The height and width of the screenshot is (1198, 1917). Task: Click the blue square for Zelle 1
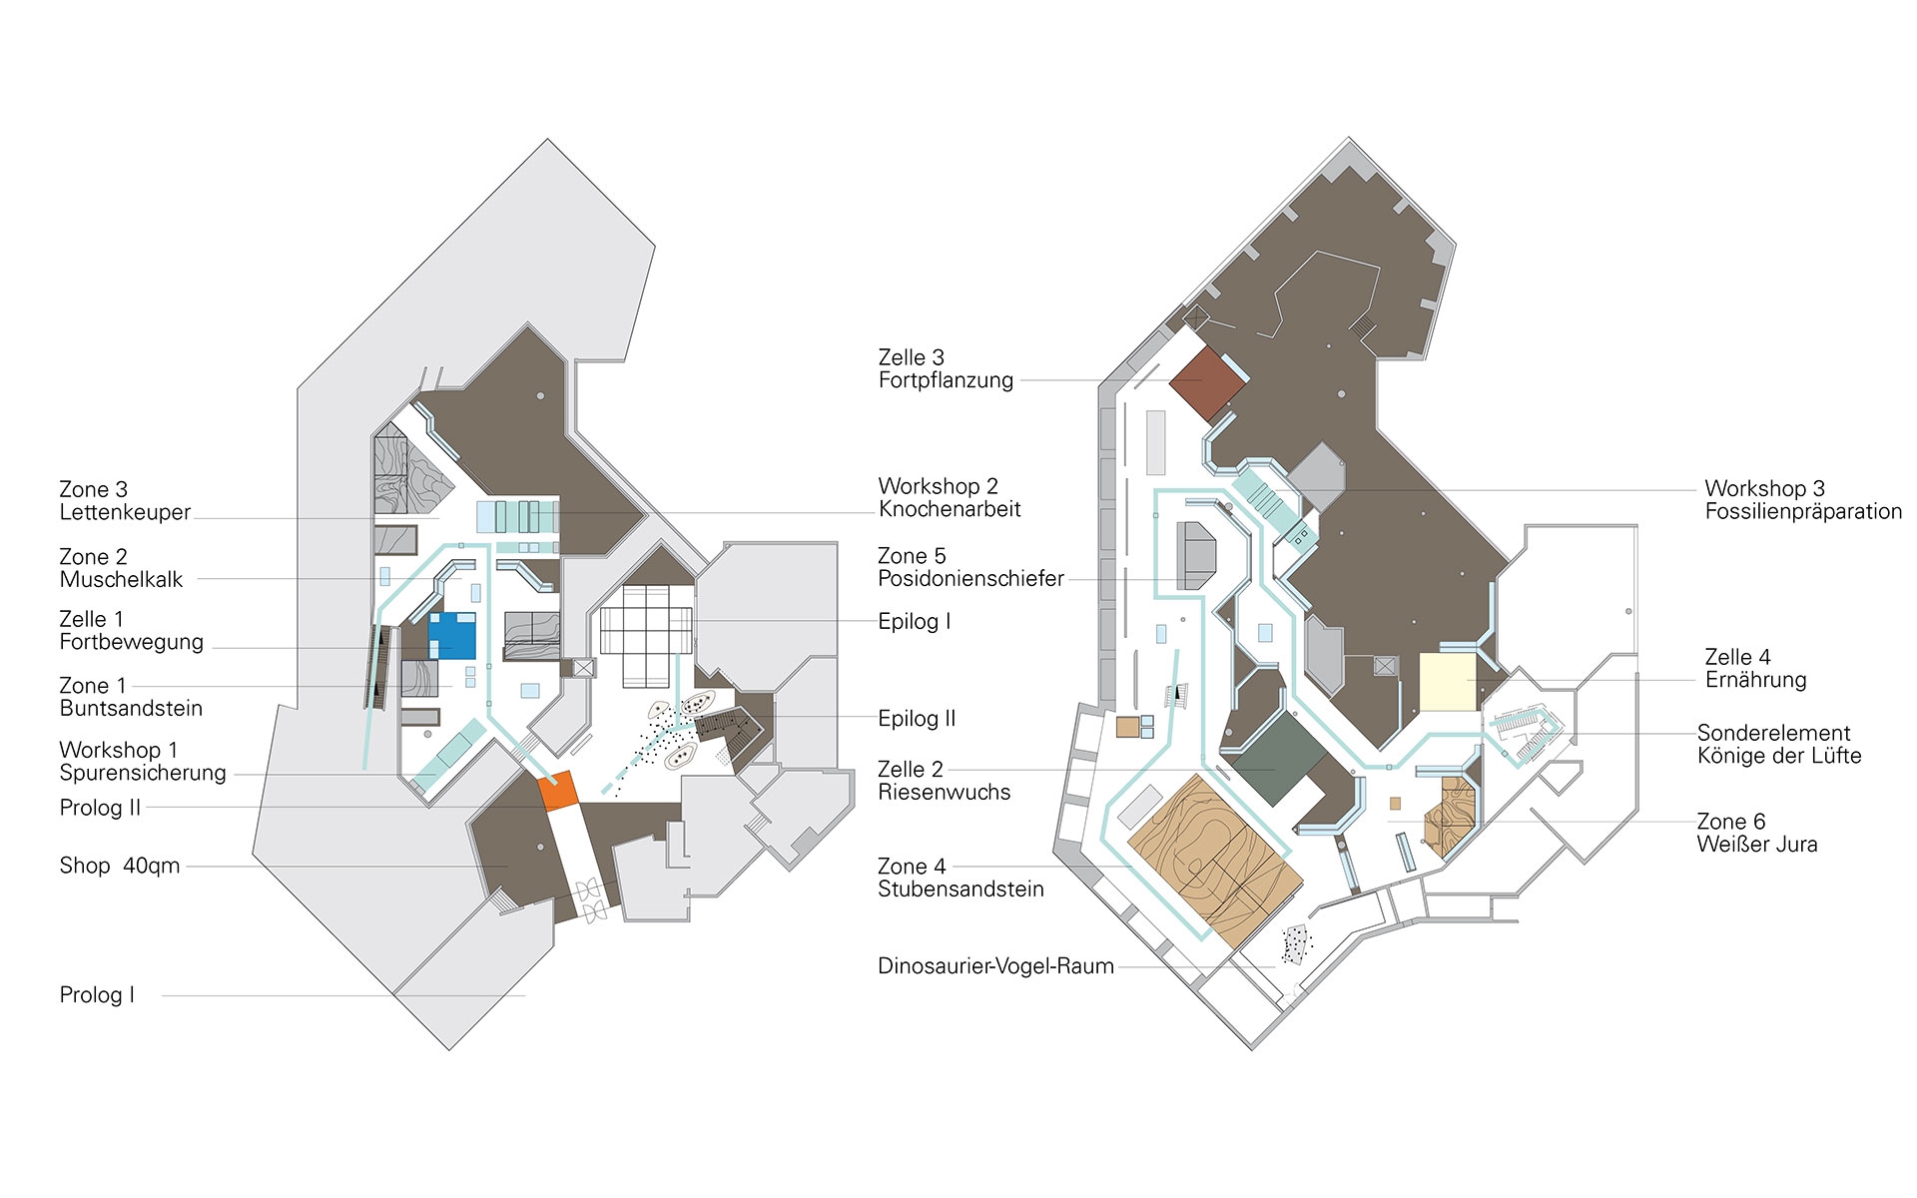(x=452, y=635)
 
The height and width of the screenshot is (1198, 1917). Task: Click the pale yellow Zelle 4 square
(x=1447, y=682)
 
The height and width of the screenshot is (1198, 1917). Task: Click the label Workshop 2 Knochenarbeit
(x=950, y=497)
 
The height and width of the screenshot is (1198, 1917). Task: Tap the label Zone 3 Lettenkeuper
(x=125, y=501)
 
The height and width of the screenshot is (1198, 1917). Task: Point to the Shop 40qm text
(x=120, y=866)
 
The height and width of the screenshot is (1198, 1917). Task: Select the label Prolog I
(x=97, y=995)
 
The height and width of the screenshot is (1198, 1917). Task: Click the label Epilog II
(x=917, y=718)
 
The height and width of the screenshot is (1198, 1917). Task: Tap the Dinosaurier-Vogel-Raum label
(x=995, y=966)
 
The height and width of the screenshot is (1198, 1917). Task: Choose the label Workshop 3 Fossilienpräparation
(x=1803, y=500)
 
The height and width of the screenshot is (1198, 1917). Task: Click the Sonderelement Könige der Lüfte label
(x=1779, y=745)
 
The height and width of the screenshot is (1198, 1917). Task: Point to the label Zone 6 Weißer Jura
(x=1757, y=833)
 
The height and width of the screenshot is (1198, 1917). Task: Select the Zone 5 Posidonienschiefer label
(x=970, y=567)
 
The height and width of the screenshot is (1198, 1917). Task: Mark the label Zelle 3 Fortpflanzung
(x=946, y=368)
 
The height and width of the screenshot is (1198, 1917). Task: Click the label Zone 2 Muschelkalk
(x=121, y=568)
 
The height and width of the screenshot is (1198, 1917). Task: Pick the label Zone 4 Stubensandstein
(x=960, y=878)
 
